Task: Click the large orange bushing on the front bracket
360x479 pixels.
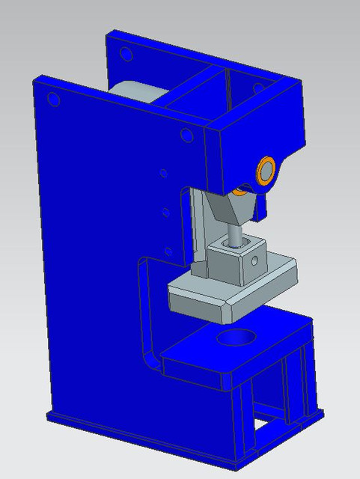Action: [266, 170]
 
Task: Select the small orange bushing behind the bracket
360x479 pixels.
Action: [240, 191]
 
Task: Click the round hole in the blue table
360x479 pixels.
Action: [236, 338]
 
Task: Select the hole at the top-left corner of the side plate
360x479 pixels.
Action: [54, 99]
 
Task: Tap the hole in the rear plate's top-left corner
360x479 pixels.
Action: [126, 54]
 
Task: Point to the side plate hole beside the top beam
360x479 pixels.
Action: [185, 135]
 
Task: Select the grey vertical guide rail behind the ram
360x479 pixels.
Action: [198, 232]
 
